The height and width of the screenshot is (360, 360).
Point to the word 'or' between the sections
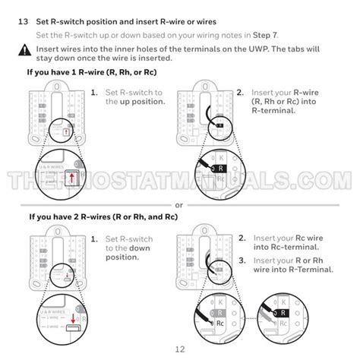[x=179, y=204]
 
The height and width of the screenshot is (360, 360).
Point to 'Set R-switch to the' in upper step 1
[x=134, y=92]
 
